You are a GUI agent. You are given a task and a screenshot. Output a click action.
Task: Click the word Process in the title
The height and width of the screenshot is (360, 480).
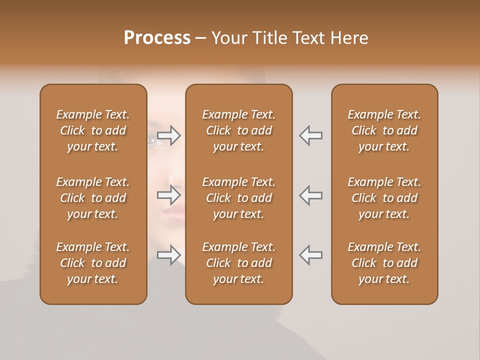(x=157, y=38)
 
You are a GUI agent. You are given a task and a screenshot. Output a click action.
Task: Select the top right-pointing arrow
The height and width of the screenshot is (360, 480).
(x=169, y=135)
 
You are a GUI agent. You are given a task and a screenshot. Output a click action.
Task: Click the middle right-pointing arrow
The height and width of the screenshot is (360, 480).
(x=169, y=195)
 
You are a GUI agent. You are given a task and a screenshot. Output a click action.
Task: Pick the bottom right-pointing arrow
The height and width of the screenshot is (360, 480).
(x=169, y=255)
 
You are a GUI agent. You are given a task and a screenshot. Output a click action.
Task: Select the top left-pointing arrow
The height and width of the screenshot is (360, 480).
(x=310, y=135)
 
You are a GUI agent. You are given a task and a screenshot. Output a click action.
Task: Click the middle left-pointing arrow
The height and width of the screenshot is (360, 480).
(x=310, y=195)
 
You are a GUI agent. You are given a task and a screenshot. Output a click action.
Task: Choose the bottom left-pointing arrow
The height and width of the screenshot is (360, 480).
(x=310, y=255)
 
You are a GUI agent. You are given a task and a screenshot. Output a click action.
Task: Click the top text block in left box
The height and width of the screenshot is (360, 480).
(x=93, y=130)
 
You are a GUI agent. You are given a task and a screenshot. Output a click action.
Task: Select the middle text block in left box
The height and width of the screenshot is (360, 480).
(x=93, y=198)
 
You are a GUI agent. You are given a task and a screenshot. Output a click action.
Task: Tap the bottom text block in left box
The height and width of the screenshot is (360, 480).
(x=93, y=263)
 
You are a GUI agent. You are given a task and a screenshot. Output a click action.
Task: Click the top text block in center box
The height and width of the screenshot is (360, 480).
(x=238, y=130)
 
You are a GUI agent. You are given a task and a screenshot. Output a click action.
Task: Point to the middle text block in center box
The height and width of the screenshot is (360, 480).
(x=238, y=198)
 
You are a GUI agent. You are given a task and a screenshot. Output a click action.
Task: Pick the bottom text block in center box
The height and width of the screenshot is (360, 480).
(x=238, y=263)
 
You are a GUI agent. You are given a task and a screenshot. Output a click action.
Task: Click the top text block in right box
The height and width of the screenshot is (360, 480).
(x=384, y=130)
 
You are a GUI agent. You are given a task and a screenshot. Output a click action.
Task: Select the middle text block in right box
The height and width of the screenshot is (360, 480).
(x=384, y=198)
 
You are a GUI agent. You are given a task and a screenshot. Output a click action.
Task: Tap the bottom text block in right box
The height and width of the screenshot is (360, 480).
(x=384, y=263)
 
